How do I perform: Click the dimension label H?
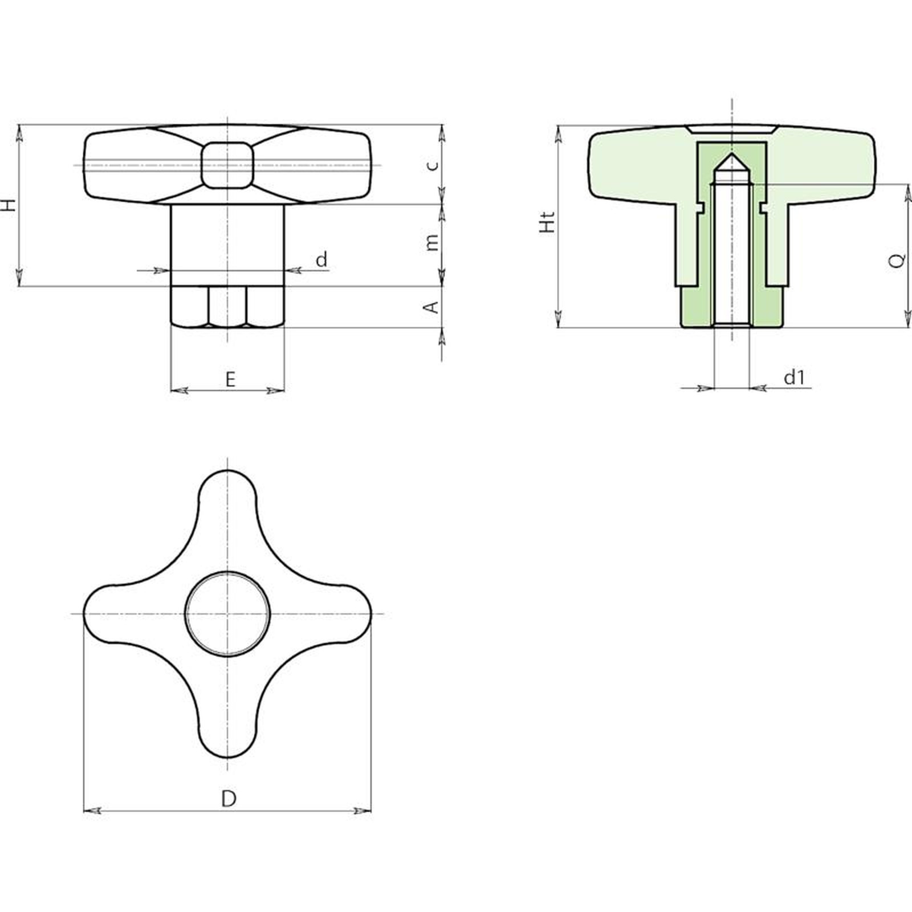click(x=10, y=205)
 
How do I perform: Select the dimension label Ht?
click(x=547, y=222)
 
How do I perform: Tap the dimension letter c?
click(x=433, y=165)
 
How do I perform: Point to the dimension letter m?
click(x=433, y=242)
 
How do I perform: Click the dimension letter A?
click(x=433, y=307)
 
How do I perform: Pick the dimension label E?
click(x=230, y=379)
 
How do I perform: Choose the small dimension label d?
click(x=322, y=259)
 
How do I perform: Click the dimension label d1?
click(x=794, y=377)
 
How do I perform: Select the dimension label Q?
click(x=897, y=260)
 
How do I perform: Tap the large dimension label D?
click(x=229, y=799)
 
